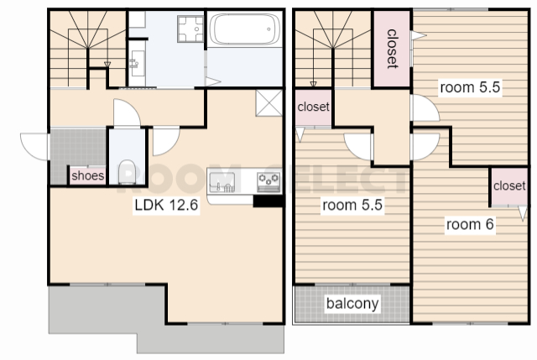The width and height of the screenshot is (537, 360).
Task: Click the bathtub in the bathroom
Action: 244,29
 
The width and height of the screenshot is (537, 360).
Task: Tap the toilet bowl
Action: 127,171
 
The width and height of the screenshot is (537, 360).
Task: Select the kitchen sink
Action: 222,182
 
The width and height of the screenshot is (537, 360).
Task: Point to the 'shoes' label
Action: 87,175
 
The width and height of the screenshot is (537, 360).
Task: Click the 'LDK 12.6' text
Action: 166,205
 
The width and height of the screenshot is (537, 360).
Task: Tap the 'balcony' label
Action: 352,304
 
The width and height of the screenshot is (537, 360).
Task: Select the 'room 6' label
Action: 470,224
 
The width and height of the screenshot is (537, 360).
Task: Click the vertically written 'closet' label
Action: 392,49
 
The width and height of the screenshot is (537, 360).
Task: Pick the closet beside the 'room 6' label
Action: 509,186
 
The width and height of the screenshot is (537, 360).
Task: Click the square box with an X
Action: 269,103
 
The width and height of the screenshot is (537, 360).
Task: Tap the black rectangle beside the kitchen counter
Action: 268,201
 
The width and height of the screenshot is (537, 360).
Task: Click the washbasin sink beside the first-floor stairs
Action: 138,64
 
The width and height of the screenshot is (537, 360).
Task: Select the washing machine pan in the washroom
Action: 190,29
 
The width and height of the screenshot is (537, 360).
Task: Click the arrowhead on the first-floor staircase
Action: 107,64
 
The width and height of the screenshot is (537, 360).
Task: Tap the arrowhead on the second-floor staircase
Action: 313,84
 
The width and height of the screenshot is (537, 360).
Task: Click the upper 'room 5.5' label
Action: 470,87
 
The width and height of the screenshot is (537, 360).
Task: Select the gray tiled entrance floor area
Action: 77,152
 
